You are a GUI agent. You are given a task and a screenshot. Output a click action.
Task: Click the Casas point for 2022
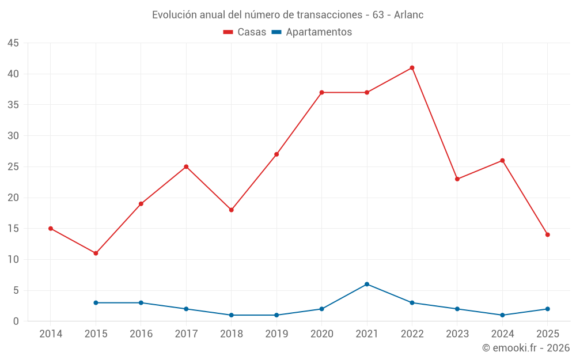click(x=412, y=68)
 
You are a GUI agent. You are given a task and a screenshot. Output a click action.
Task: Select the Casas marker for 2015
click(x=96, y=253)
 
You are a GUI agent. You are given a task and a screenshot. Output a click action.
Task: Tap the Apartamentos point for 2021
click(x=367, y=284)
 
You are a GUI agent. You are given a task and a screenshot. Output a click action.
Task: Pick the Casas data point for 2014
click(x=51, y=229)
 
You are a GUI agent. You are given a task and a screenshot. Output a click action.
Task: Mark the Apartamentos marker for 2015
click(x=96, y=303)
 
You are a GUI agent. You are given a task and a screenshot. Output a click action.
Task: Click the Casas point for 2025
click(x=547, y=235)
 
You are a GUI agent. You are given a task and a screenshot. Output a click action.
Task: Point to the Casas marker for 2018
click(x=231, y=210)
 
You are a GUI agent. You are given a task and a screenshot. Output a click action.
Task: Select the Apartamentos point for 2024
click(x=502, y=315)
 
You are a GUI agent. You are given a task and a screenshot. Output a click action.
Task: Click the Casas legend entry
click(x=245, y=32)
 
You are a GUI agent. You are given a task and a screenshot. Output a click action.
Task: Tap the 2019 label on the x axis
click(x=276, y=334)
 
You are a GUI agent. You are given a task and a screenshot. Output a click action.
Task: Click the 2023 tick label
click(x=457, y=334)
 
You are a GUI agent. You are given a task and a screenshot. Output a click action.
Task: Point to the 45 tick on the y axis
click(x=13, y=43)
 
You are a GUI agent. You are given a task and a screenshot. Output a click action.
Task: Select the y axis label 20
click(x=13, y=198)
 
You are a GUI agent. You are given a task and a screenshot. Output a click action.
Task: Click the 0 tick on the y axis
click(x=16, y=321)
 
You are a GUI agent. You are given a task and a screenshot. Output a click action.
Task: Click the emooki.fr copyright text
click(x=526, y=348)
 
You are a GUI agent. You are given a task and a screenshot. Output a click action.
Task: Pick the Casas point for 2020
click(x=321, y=93)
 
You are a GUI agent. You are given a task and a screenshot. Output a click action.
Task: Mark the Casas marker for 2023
click(x=457, y=179)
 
